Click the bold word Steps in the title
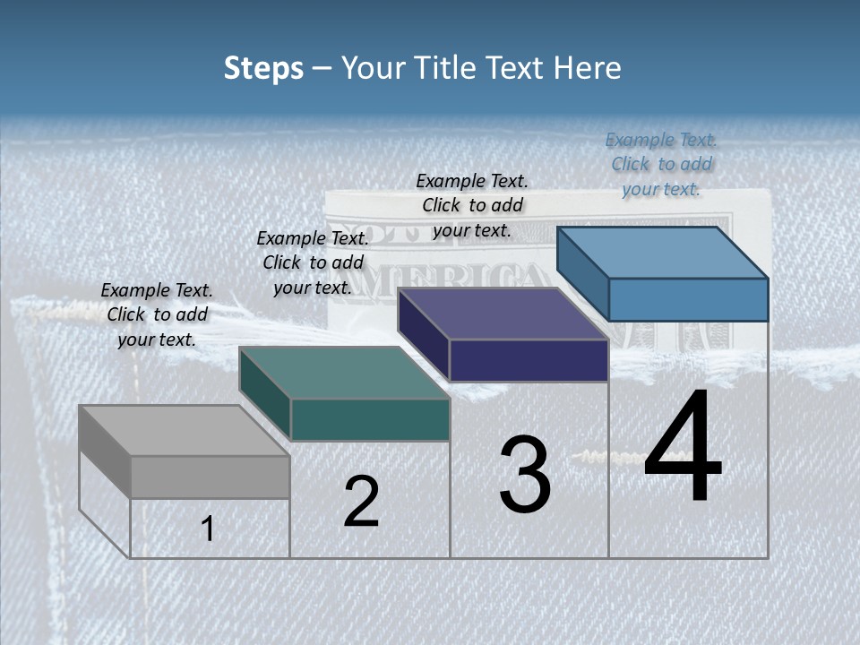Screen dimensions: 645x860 [263, 68]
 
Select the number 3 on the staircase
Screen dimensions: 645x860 [525, 476]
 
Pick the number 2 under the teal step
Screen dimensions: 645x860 [361, 503]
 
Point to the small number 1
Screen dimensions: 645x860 [208, 529]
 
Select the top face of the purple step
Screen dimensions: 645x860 [503, 314]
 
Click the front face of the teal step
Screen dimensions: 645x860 [370, 419]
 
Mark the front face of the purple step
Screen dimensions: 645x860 [529, 360]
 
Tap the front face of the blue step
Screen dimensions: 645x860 [688, 299]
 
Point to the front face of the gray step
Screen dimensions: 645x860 [210, 477]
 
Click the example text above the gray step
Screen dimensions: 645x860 [157, 314]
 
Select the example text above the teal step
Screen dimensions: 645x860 [313, 262]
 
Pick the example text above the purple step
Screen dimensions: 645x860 [472, 205]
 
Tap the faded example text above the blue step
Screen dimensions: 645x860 [661, 164]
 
